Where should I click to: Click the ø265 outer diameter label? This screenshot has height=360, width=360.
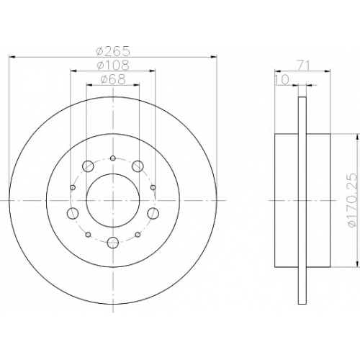pos(113,51)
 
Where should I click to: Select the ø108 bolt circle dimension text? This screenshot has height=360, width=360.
pos(113,65)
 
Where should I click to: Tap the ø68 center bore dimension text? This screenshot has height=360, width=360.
pos(113,79)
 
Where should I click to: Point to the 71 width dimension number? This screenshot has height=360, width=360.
pos(303,65)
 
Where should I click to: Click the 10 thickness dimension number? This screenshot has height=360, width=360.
pos(282,80)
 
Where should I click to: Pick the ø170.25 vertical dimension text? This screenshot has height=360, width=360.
pos(352,200)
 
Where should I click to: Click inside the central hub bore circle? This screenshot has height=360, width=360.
pos(113,200)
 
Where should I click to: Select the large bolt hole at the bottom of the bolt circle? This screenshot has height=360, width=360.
pos(113,243)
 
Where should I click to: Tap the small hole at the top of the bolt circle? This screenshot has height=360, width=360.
pos(113,158)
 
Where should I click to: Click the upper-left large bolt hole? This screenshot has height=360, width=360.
pos(88,166)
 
